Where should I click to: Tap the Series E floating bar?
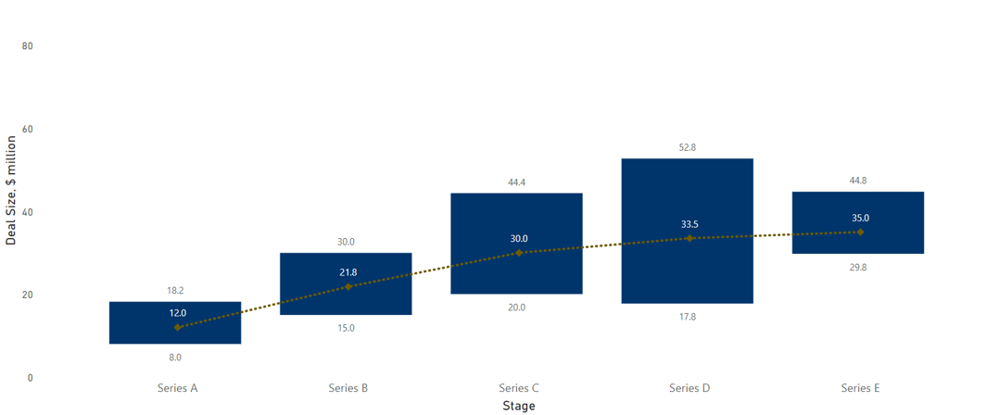[x=857, y=243]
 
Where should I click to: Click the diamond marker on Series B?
[x=348, y=287]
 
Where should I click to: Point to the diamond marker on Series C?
[x=519, y=253]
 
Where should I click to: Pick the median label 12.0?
[x=177, y=313]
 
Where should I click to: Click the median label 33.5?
[x=689, y=224]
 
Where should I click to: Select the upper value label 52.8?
[x=687, y=147]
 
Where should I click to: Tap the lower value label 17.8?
[x=687, y=317]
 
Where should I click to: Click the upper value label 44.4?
[x=516, y=182]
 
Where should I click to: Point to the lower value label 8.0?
[x=175, y=358]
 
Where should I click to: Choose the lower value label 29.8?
[x=857, y=268]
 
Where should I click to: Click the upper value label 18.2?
[x=175, y=291]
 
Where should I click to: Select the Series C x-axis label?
[x=518, y=388]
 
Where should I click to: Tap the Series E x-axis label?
[x=859, y=388]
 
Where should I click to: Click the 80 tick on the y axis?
[x=28, y=46]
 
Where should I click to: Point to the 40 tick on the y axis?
[x=28, y=212]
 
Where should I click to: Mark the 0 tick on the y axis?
[x=31, y=378]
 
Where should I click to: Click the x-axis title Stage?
[x=518, y=406]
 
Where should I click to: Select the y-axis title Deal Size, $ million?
[x=11, y=190]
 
